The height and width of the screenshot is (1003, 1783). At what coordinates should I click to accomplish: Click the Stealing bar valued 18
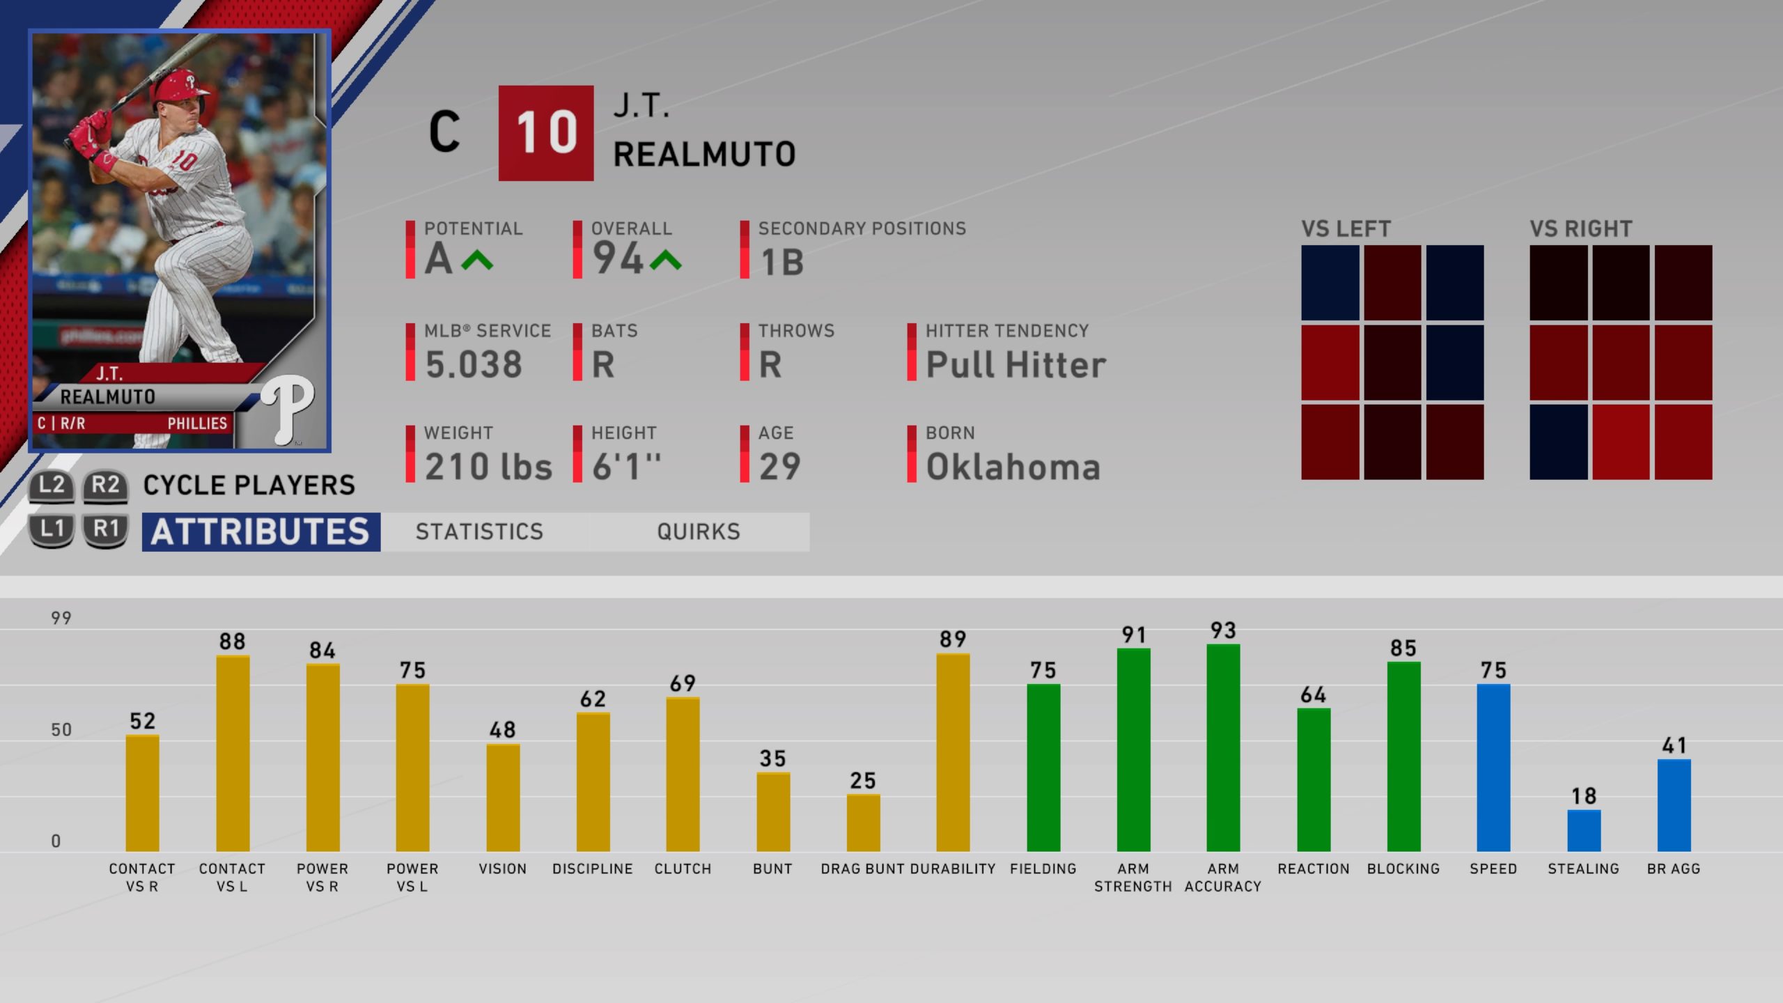(x=1584, y=830)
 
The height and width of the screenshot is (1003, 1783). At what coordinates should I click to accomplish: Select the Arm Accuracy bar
(x=1223, y=748)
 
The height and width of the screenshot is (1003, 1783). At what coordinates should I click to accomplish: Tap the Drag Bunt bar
(x=863, y=823)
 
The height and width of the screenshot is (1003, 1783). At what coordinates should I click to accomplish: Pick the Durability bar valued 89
(x=953, y=752)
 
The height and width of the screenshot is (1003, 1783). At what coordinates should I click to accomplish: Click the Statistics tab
(x=479, y=532)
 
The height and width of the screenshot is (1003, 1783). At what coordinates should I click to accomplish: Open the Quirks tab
(x=699, y=532)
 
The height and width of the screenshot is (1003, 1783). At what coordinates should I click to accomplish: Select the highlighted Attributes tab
(x=261, y=532)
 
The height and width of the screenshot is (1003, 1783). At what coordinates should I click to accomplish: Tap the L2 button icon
(x=52, y=485)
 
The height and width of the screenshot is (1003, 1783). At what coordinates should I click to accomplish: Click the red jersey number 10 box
(x=546, y=133)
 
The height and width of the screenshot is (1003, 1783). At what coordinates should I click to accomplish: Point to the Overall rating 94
(x=618, y=258)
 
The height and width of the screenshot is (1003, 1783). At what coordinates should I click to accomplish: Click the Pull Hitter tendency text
(x=1015, y=365)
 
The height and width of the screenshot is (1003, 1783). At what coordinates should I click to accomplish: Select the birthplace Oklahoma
(x=1013, y=467)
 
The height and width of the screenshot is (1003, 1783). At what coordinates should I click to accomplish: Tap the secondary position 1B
(x=782, y=263)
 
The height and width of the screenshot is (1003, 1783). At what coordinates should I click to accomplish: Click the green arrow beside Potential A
(x=477, y=261)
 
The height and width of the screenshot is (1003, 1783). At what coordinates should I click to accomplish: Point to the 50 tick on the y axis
(x=61, y=730)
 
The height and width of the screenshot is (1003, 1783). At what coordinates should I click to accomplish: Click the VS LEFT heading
(x=1346, y=229)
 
